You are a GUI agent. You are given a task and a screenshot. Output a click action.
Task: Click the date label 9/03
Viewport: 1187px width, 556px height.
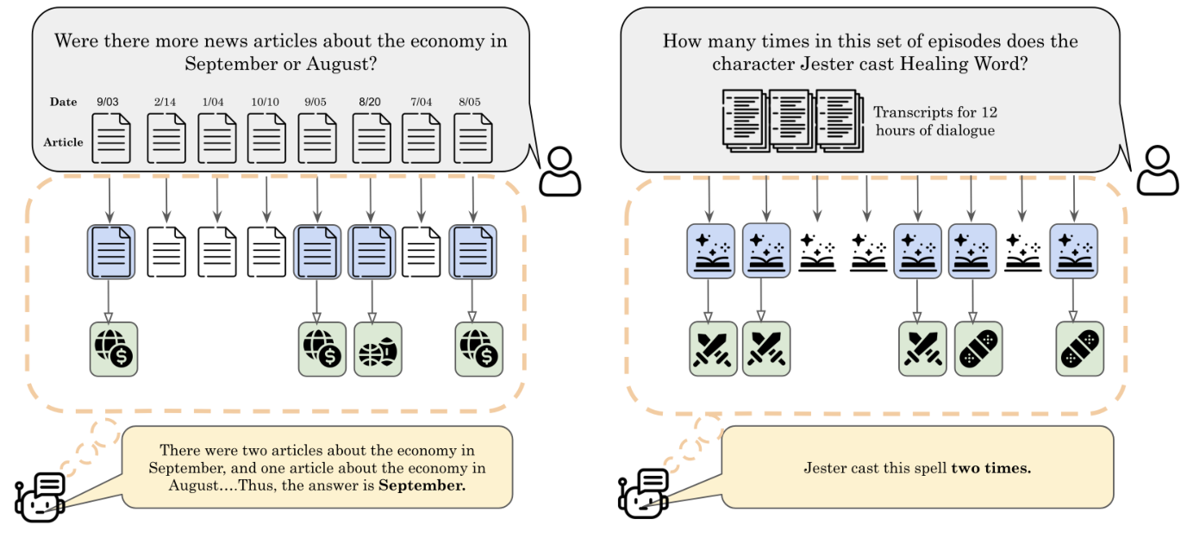coord(109,102)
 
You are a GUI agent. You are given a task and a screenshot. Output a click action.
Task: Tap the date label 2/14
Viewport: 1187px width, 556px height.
coord(166,102)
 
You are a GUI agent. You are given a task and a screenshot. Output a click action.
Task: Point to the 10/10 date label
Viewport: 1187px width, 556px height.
coord(266,102)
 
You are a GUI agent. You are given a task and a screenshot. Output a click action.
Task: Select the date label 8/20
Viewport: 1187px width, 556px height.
coord(370,102)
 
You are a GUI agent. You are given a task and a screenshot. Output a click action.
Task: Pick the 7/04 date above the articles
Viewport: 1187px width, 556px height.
coord(421,102)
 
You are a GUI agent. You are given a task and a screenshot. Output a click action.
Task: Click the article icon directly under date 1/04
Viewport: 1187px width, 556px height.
coord(217,138)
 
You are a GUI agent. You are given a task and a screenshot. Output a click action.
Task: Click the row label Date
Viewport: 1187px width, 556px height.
coord(64,102)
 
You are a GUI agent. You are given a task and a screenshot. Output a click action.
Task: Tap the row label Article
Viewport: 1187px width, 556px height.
coord(64,142)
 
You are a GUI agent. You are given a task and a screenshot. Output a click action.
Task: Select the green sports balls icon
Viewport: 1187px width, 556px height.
coord(378,349)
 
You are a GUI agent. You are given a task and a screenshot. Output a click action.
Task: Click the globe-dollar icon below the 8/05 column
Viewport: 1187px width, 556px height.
coord(478,349)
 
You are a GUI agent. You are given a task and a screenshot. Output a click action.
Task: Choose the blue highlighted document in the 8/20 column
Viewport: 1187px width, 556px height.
coord(372,252)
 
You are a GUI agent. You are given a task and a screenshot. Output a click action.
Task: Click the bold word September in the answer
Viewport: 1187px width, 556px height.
coord(422,485)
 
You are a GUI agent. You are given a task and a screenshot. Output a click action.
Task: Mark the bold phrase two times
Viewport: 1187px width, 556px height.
coord(990,469)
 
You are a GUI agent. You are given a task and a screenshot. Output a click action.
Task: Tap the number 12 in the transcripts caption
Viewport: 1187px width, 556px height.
coord(989,113)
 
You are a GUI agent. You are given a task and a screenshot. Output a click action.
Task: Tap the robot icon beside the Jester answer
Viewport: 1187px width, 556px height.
coord(642,494)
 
